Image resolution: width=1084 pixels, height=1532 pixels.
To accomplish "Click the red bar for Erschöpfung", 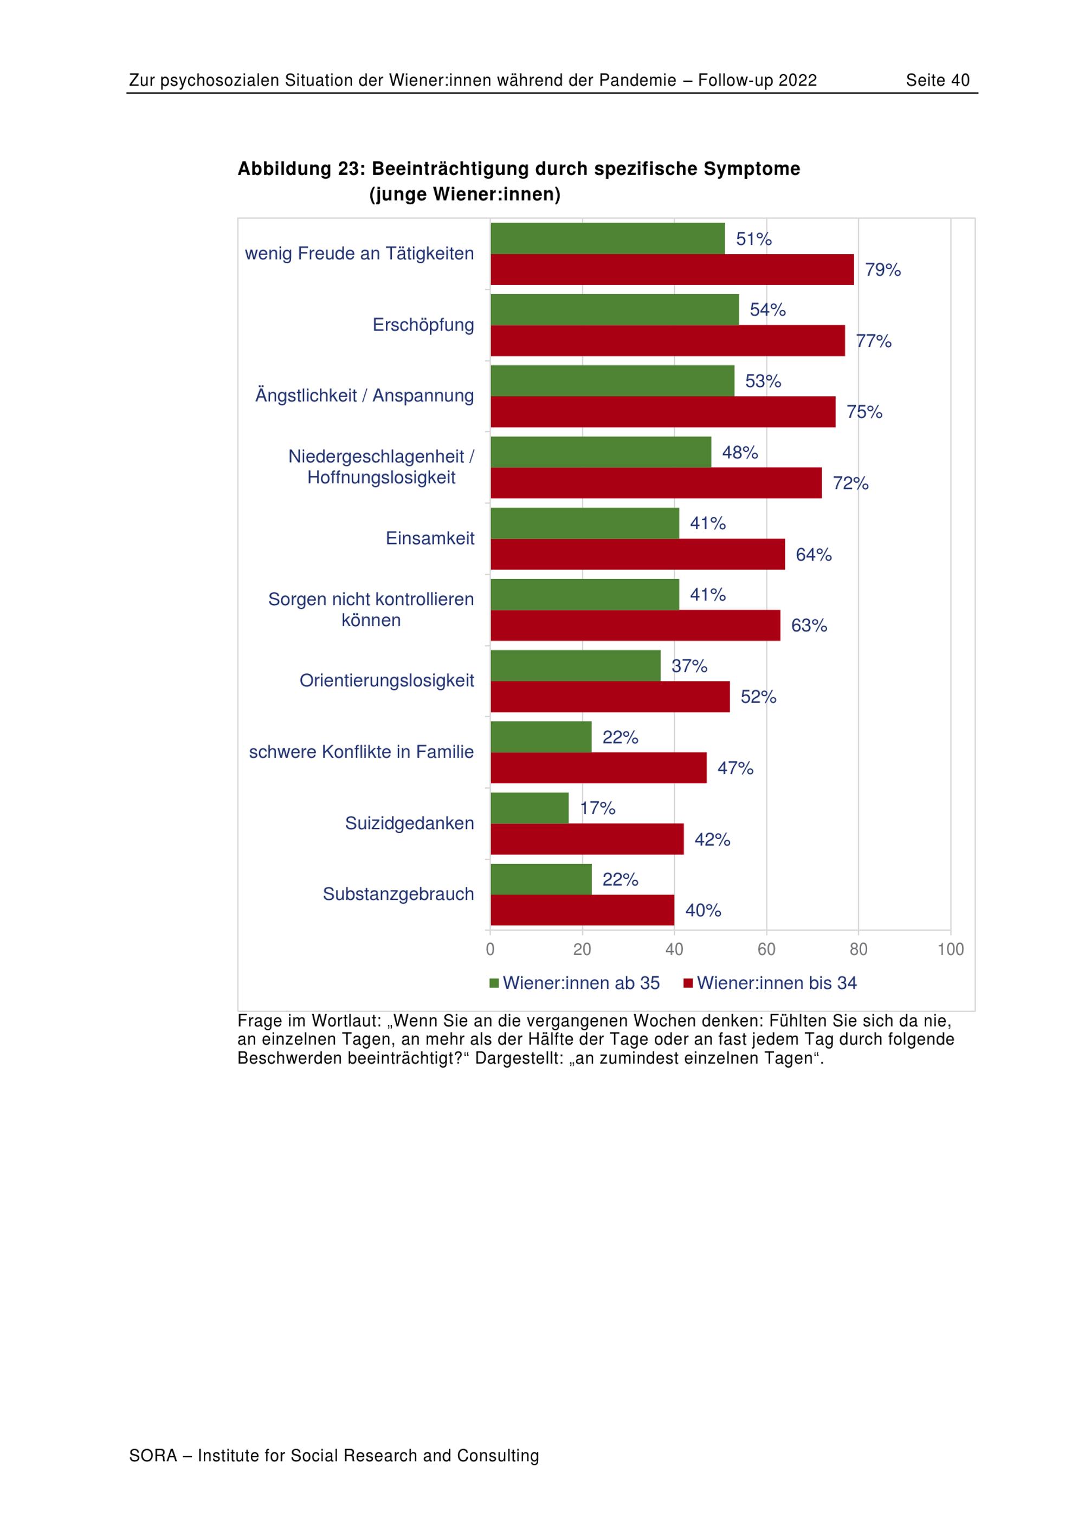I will click(x=668, y=340).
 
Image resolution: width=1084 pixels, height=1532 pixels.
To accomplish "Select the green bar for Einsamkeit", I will click(x=585, y=523).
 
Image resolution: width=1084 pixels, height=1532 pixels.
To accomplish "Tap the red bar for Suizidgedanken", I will click(x=587, y=839).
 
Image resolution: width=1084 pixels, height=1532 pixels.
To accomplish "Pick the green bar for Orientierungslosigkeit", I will click(x=576, y=665).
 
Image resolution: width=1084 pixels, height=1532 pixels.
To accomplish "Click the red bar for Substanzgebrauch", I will click(x=582, y=910).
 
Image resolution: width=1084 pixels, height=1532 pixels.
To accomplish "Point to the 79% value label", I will click(x=882, y=270).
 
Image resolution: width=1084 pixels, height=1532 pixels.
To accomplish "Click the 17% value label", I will click(x=597, y=808).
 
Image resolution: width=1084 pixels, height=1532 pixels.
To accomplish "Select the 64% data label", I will click(x=813, y=555).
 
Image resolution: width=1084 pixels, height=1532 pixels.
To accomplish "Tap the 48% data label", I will click(x=740, y=452).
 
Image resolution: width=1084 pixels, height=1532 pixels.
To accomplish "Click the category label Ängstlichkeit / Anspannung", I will click(x=364, y=395).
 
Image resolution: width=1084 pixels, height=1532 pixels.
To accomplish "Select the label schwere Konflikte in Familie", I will click(x=361, y=752).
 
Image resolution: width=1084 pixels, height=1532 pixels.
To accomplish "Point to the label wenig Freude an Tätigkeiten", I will click(x=359, y=254).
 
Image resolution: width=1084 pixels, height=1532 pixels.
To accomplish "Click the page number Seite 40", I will click(x=937, y=81).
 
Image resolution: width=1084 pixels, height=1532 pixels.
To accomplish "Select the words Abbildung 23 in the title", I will click(x=299, y=169).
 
